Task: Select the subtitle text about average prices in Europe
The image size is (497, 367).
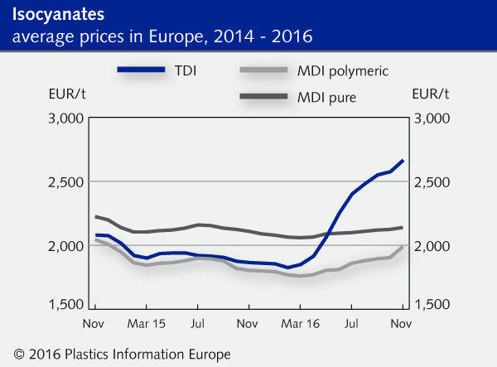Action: tap(162, 36)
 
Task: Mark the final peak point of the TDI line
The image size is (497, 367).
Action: tap(403, 160)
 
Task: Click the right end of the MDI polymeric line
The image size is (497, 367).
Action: tap(403, 247)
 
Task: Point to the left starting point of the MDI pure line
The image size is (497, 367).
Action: tap(96, 217)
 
